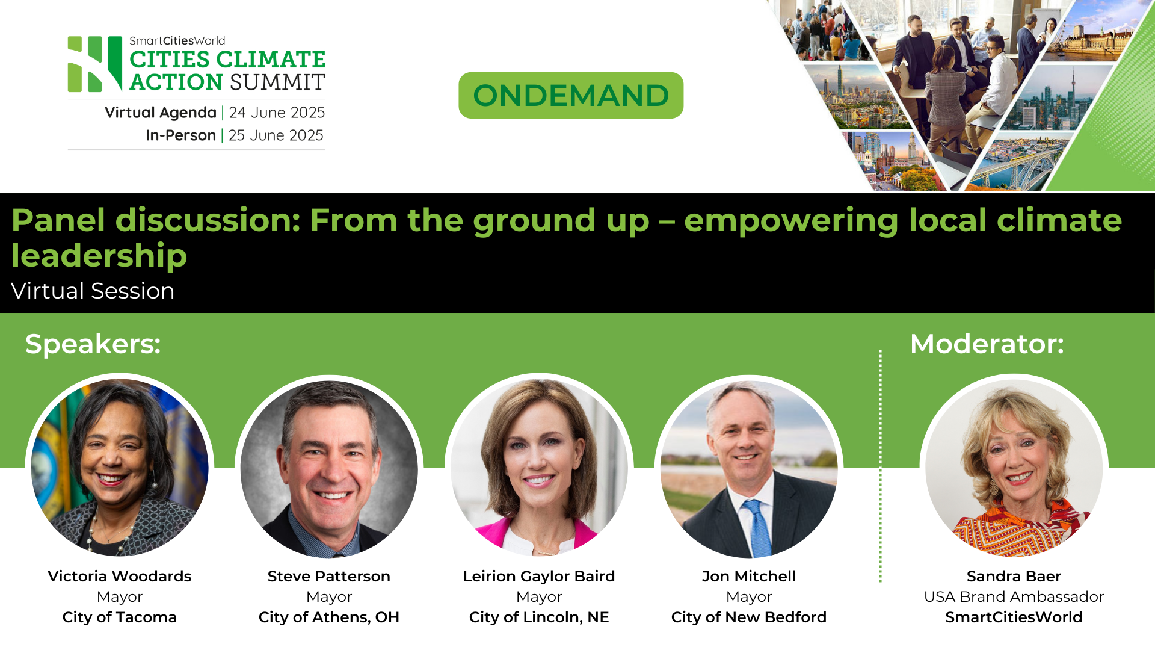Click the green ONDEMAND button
pos(571,95)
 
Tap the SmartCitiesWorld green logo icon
pos(95,64)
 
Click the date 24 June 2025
pos(277,113)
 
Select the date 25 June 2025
pos(276,135)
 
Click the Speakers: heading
pos(93,344)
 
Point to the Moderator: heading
pos(987,344)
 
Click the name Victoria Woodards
pos(120,576)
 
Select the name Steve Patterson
pos(329,576)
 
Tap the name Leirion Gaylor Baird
pos(539,576)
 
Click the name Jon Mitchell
pos(749,576)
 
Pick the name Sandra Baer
pos(1014,576)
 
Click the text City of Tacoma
pos(120,617)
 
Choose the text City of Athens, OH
pos(329,617)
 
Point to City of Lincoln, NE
pos(539,617)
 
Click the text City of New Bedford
pos(749,617)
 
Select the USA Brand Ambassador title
pos(1014,596)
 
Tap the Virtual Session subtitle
pos(93,291)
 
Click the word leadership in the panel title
pos(99,255)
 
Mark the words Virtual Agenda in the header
pos(161,113)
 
